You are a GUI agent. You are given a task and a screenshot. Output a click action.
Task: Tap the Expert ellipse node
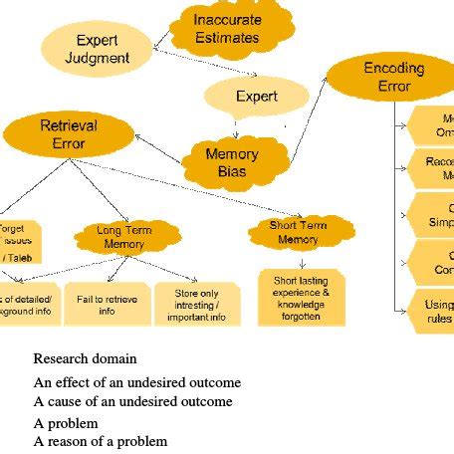click(x=256, y=97)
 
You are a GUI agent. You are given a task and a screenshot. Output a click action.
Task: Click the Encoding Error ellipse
click(x=393, y=77)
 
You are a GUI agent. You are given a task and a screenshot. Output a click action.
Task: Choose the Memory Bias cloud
click(x=232, y=162)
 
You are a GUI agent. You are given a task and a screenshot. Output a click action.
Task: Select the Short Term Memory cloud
click(x=298, y=232)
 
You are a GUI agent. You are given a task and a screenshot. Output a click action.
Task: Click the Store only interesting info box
click(x=196, y=304)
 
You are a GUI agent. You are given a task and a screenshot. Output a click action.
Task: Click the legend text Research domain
click(x=85, y=358)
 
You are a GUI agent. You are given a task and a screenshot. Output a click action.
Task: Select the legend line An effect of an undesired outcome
click(x=136, y=382)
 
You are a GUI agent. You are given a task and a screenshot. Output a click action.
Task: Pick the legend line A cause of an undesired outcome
click(x=132, y=401)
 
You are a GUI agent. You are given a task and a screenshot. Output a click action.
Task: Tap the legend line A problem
click(x=66, y=423)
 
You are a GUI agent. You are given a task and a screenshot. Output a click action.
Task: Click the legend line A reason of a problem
click(x=100, y=441)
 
